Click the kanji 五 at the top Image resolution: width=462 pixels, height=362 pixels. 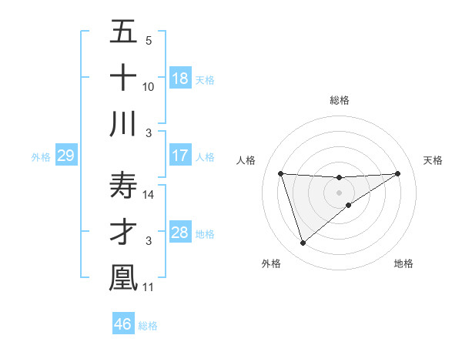(x=123, y=32)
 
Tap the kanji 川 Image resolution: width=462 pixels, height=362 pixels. (x=123, y=123)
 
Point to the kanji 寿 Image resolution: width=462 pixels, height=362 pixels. (x=123, y=186)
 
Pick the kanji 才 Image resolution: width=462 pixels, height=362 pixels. (x=123, y=232)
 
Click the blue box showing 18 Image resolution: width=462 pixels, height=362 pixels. (x=180, y=79)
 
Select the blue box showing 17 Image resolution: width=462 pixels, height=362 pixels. (x=180, y=156)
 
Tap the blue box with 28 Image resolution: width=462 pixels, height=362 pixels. (x=180, y=233)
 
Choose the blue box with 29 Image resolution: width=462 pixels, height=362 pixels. (x=65, y=156)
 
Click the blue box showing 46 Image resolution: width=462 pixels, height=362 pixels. (x=122, y=323)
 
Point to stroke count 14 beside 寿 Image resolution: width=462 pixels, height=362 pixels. (x=149, y=196)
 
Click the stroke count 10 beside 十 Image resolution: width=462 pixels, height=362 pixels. (x=149, y=87)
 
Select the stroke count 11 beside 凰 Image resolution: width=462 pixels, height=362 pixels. (x=149, y=287)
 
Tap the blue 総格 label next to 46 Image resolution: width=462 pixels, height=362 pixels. (x=148, y=326)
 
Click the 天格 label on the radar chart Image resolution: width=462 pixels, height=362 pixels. (x=434, y=160)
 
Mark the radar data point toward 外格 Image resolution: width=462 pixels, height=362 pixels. (x=303, y=243)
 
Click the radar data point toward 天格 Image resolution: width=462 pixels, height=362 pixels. (x=397, y=173)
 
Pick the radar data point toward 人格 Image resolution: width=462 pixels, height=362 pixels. (x=281, y=173)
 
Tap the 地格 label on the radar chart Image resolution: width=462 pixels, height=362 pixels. (x=403, y=263)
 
